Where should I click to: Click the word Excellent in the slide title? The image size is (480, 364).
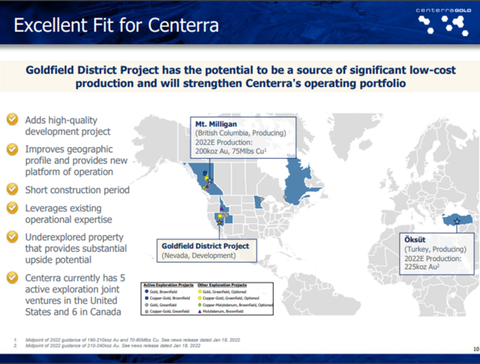(x=50, y=26)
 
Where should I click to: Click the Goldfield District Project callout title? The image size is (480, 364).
(x=205, y=245)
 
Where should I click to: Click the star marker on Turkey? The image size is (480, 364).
(x=456, y=221)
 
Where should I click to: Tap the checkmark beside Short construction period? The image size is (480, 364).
(x=12, y=189)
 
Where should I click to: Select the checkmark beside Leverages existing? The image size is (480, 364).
(x=12, y=208)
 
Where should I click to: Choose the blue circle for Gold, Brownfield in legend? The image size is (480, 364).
(x=146, y=292)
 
